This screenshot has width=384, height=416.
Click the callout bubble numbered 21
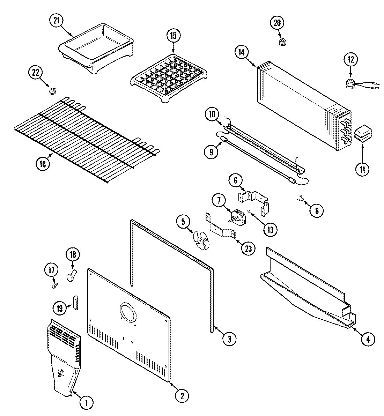tap(56, 21)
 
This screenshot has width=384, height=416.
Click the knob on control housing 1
tap(62, 373)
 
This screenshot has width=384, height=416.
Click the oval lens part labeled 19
tap(75, 302)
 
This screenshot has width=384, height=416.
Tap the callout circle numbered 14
tap(241, 52)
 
